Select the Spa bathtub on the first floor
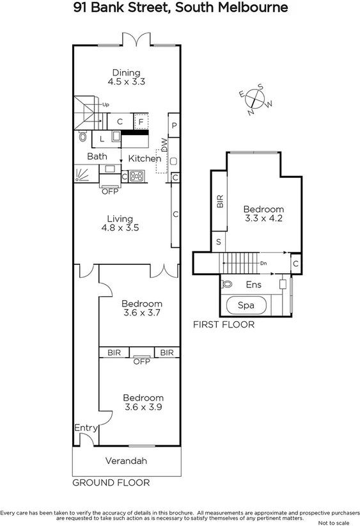[246, 305]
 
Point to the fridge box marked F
[141, 121]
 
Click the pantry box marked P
[174, 125]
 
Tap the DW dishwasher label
[164, 145]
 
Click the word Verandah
[125, 461]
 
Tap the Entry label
[85, 427]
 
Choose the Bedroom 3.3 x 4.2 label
[263, 214]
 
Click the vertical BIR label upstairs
[220, 202]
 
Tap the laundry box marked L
[102, 138]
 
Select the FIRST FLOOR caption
[224, 324]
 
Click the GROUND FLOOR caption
[111, 482]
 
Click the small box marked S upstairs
[219, 242]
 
